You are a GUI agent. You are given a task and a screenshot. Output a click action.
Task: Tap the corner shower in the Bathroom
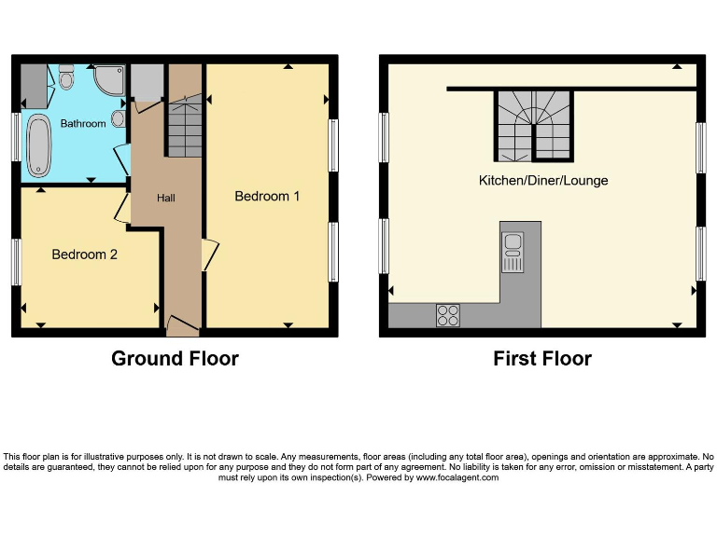point(110,79)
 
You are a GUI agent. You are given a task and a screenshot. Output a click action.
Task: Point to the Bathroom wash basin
point(117,118)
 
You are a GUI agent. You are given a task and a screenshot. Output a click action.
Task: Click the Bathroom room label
point(83,123)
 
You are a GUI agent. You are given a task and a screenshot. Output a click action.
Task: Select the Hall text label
point(165,198)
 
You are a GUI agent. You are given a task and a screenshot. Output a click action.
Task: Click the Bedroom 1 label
point(267,197)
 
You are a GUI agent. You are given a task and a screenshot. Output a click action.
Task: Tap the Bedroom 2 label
point(84,254)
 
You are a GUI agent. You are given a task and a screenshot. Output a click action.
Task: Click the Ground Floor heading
point(175,358)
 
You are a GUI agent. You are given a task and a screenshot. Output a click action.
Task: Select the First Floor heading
point(542,358)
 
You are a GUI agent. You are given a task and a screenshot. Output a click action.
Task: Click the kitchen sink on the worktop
point(513,252)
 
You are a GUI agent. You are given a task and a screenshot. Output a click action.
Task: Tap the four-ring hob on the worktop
point(447,315)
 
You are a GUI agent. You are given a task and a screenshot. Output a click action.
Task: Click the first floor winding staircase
point(533,126)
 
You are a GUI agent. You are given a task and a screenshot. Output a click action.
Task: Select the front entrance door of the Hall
point(182,325)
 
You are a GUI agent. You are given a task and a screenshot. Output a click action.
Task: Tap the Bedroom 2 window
point(16,262)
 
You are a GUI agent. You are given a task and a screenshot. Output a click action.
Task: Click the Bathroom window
point(16,138)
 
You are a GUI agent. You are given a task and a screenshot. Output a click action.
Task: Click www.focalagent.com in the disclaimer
point(457,477)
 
